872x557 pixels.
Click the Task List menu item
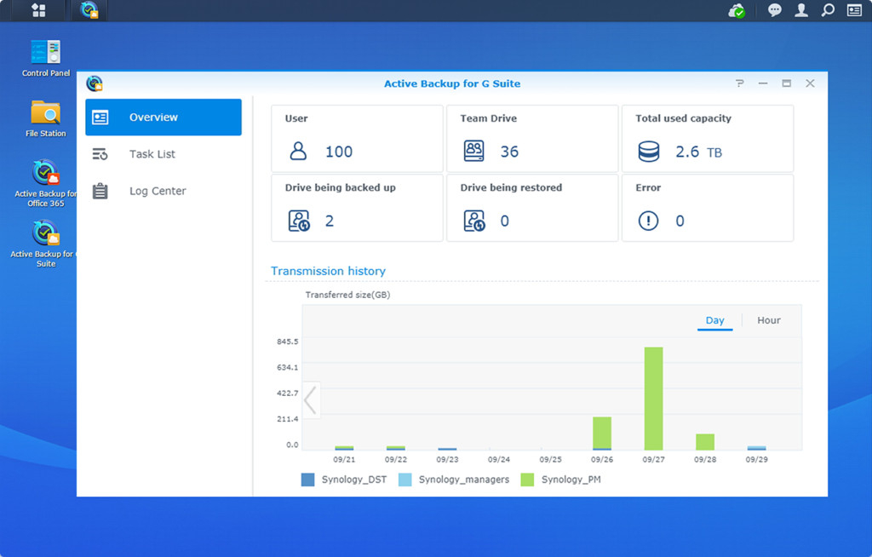[152, 154]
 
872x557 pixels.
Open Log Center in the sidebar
[157, 191]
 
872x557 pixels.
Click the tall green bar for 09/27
[653, 398]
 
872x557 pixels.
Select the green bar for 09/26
[602, 433]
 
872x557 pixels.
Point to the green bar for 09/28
[704, 441]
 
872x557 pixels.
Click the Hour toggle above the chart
[768, 320]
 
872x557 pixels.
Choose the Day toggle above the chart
[714, 320]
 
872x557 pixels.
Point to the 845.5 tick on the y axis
[286, 342]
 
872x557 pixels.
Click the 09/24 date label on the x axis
[499, 459]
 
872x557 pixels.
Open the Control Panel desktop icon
[46, 57]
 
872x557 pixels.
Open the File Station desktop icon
[46, 118]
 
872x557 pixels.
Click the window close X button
[810, 83]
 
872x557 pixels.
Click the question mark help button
[739, 83]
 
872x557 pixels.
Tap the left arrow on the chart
[311, 399]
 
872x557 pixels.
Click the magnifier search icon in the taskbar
[827, 10]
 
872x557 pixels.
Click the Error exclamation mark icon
[648, 221]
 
